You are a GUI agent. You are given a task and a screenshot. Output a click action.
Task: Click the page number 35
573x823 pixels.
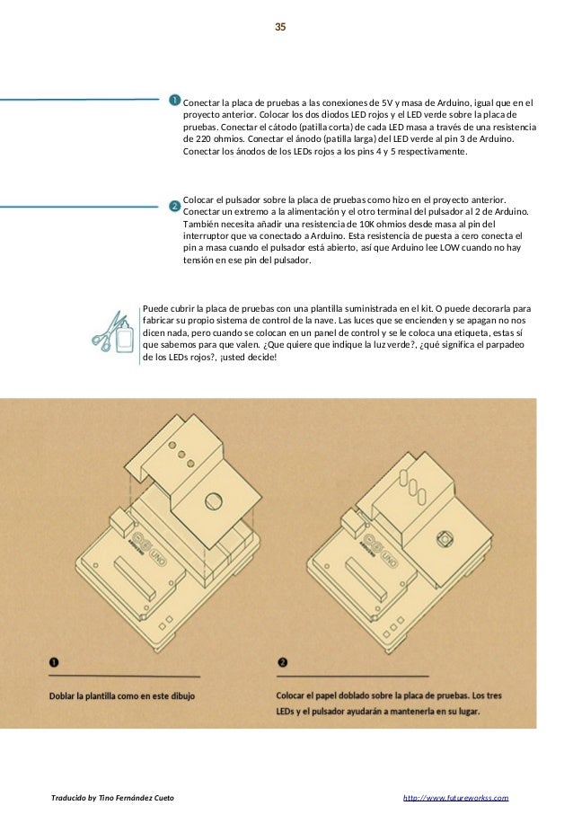coord(280,28)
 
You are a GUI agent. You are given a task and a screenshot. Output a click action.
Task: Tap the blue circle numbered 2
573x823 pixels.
coord(175,206)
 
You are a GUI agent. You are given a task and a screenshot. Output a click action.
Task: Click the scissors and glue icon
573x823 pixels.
coord(113,332)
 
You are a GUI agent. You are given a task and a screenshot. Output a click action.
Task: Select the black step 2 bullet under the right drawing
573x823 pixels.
coord(283,664)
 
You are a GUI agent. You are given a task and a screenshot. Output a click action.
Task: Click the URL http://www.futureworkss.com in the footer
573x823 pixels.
coord(456,797)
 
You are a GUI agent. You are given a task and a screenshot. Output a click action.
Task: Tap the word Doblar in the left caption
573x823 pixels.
coord(64,695)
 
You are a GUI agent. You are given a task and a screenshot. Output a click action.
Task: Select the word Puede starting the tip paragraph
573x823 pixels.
coord(156,306)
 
